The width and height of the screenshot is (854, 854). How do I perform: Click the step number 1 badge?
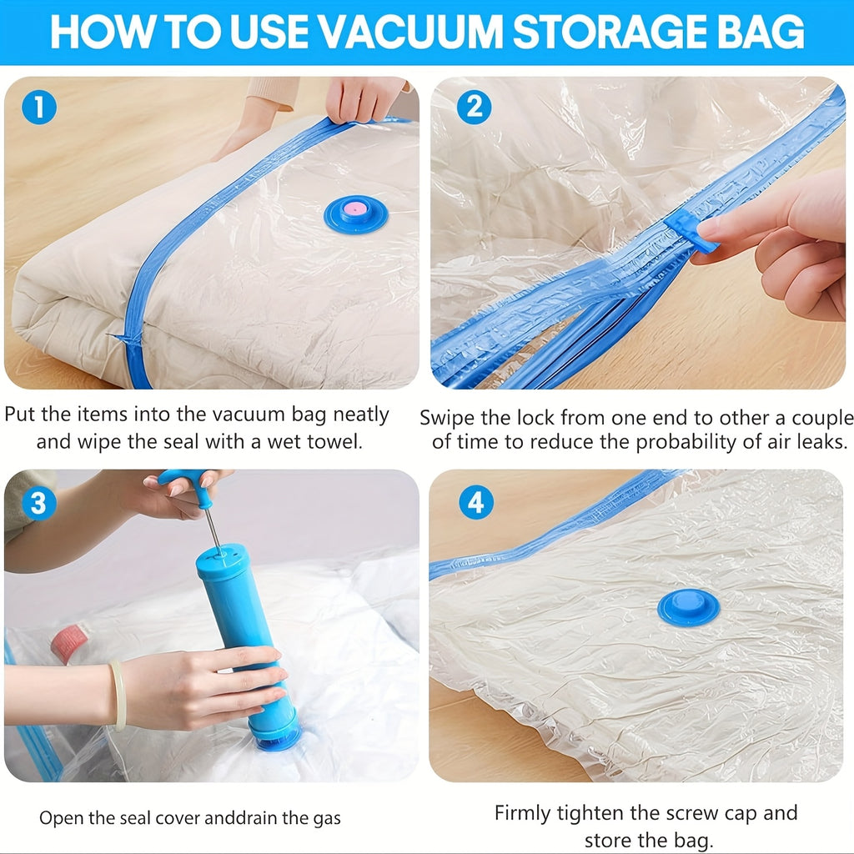(x=39, y=109)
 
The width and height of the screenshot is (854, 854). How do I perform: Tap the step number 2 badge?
(x=474, y=108)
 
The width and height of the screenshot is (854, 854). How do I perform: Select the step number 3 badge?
(x=39, y=503)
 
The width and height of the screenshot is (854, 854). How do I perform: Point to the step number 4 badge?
(x=475, y=503)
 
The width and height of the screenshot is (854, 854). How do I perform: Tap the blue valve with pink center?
(x=355, y=214)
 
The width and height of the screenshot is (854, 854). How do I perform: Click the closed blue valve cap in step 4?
(x=688, y=606)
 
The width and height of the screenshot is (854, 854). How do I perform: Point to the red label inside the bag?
(x=67, y=646)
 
